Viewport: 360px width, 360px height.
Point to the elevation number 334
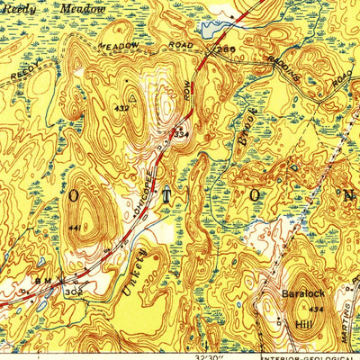(181, 135)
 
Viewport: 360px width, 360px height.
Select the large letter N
(346, 193)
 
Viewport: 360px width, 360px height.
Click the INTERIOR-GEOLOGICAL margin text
(310, 354)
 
